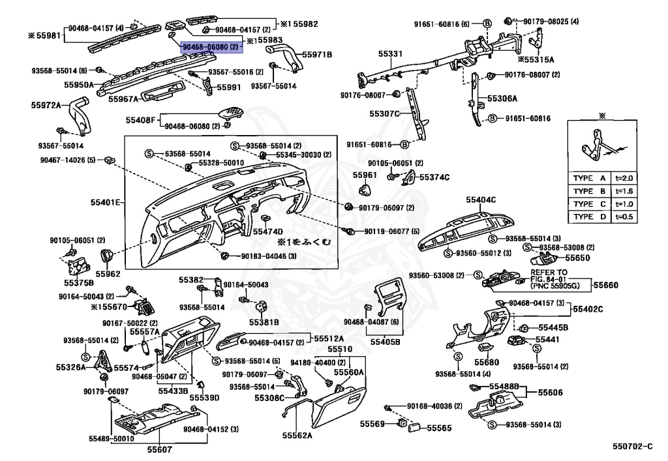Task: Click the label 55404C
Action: pyautogui.click(x=481, y=199)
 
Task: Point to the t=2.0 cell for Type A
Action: pyautogui.click(x=624, y=178)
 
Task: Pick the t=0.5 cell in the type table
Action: pyautogui.click(x=624, y=216)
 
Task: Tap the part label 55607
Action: pyautogui.click(x=159, y=449)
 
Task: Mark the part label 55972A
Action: pyautogui.click(x=46, y=104)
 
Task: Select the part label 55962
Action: pyautogui.click(x=108, y=274)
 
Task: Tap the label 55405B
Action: pyautogui.click(x=385, y=341)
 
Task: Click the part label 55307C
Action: pyautogui.click(x=384, y=113)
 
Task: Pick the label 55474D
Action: pyautogui.click(x=268, y=231)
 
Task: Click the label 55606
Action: pyautogui.click(x=550, y=393)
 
